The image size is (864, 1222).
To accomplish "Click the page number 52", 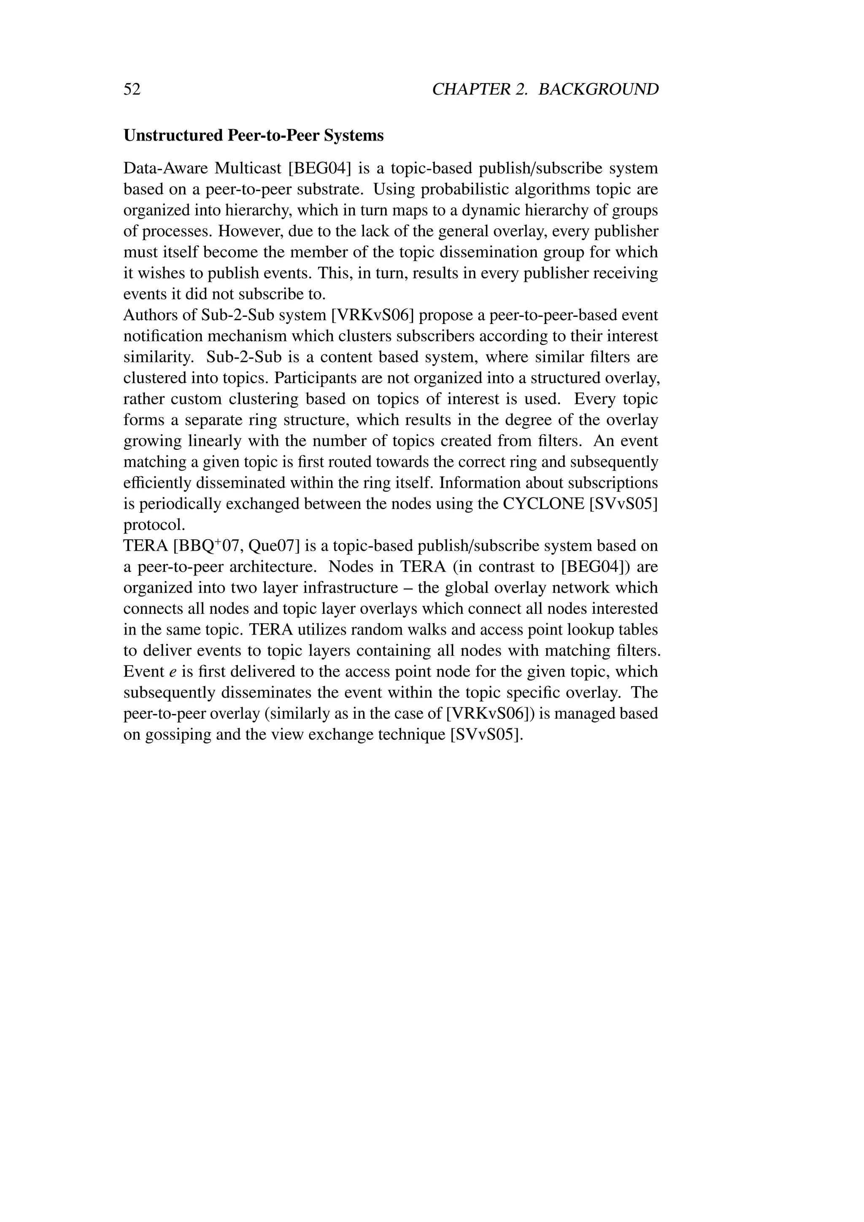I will [132, 89].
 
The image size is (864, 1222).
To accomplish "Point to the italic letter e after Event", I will [173, 672].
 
